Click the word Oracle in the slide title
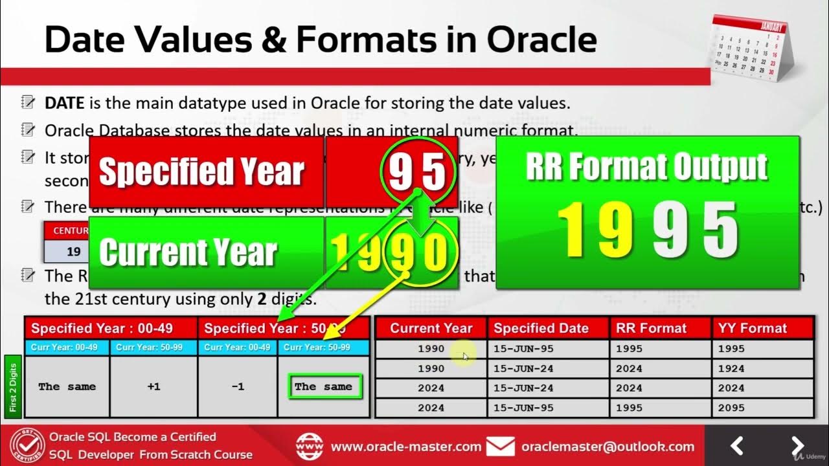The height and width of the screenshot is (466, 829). pyautogui.click(x=541, y=39)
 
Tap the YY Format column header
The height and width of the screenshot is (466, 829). pyautogui.click(x=753, y=328)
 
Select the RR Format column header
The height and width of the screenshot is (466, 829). pyautogui.click(x=651, y=328)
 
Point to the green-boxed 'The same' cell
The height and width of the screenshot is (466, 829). pyautogui.click(x=323, y=387)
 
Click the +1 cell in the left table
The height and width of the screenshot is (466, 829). pyautogui.click(x=153, y=386)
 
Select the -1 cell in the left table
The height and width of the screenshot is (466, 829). pyautogui.click(x=238, y=386)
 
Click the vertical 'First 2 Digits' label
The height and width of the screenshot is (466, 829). pyautogui.click(x=14, y=387)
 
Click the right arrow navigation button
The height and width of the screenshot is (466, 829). pyautogui.click(x=798, y=446)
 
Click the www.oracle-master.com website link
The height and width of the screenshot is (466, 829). pyautogui.click(x=406, y=447)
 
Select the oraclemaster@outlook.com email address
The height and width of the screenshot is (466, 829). pyautogui.click(x=608, y=447)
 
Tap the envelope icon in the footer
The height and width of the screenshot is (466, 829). pyautogui.click(x=501, y=447)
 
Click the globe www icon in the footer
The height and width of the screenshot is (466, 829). pyautogui.click(x=310, y=447)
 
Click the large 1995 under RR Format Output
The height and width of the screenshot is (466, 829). pyautogui.click(x=647, y=230)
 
